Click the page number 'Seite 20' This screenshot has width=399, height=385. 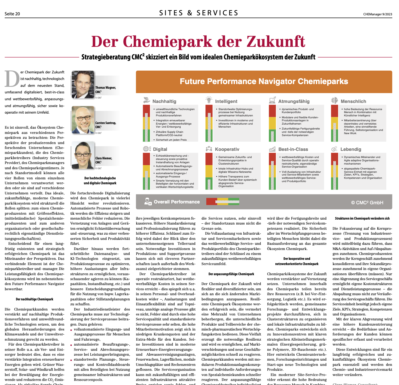click(x=12, y=14)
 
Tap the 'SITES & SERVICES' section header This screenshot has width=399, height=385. click(x=199, y=13)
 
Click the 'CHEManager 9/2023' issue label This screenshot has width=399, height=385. click(x=377, y=14)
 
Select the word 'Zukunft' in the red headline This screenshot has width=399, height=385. click(x=276, y=42)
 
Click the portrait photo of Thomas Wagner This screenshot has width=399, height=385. click(x=83, y=85)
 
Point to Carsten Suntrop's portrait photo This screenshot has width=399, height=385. click(x=83, y=120)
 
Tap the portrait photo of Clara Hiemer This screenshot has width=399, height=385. click(x=83, y=155)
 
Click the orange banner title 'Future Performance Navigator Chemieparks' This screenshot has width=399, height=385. click(x=264, y=81)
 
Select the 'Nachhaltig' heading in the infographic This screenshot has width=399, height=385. click(x=164, y=101)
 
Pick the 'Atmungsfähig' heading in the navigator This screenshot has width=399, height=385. click(x=294, y=101)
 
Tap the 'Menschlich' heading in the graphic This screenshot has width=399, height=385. click(x=353, y=101)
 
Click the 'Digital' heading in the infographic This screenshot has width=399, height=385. click(x=160, y=149)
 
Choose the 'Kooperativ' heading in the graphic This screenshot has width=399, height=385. click(x=227, y=149)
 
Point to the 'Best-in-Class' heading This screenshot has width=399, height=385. click(x=293, y=149)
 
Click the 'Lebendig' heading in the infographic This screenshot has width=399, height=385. click(x=351, y=149)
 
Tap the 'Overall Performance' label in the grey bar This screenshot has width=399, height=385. click(x=177, y=202)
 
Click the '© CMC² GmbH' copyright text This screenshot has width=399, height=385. click(x=367, y=203)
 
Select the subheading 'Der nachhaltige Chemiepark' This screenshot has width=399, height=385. click(x=35, y=299)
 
